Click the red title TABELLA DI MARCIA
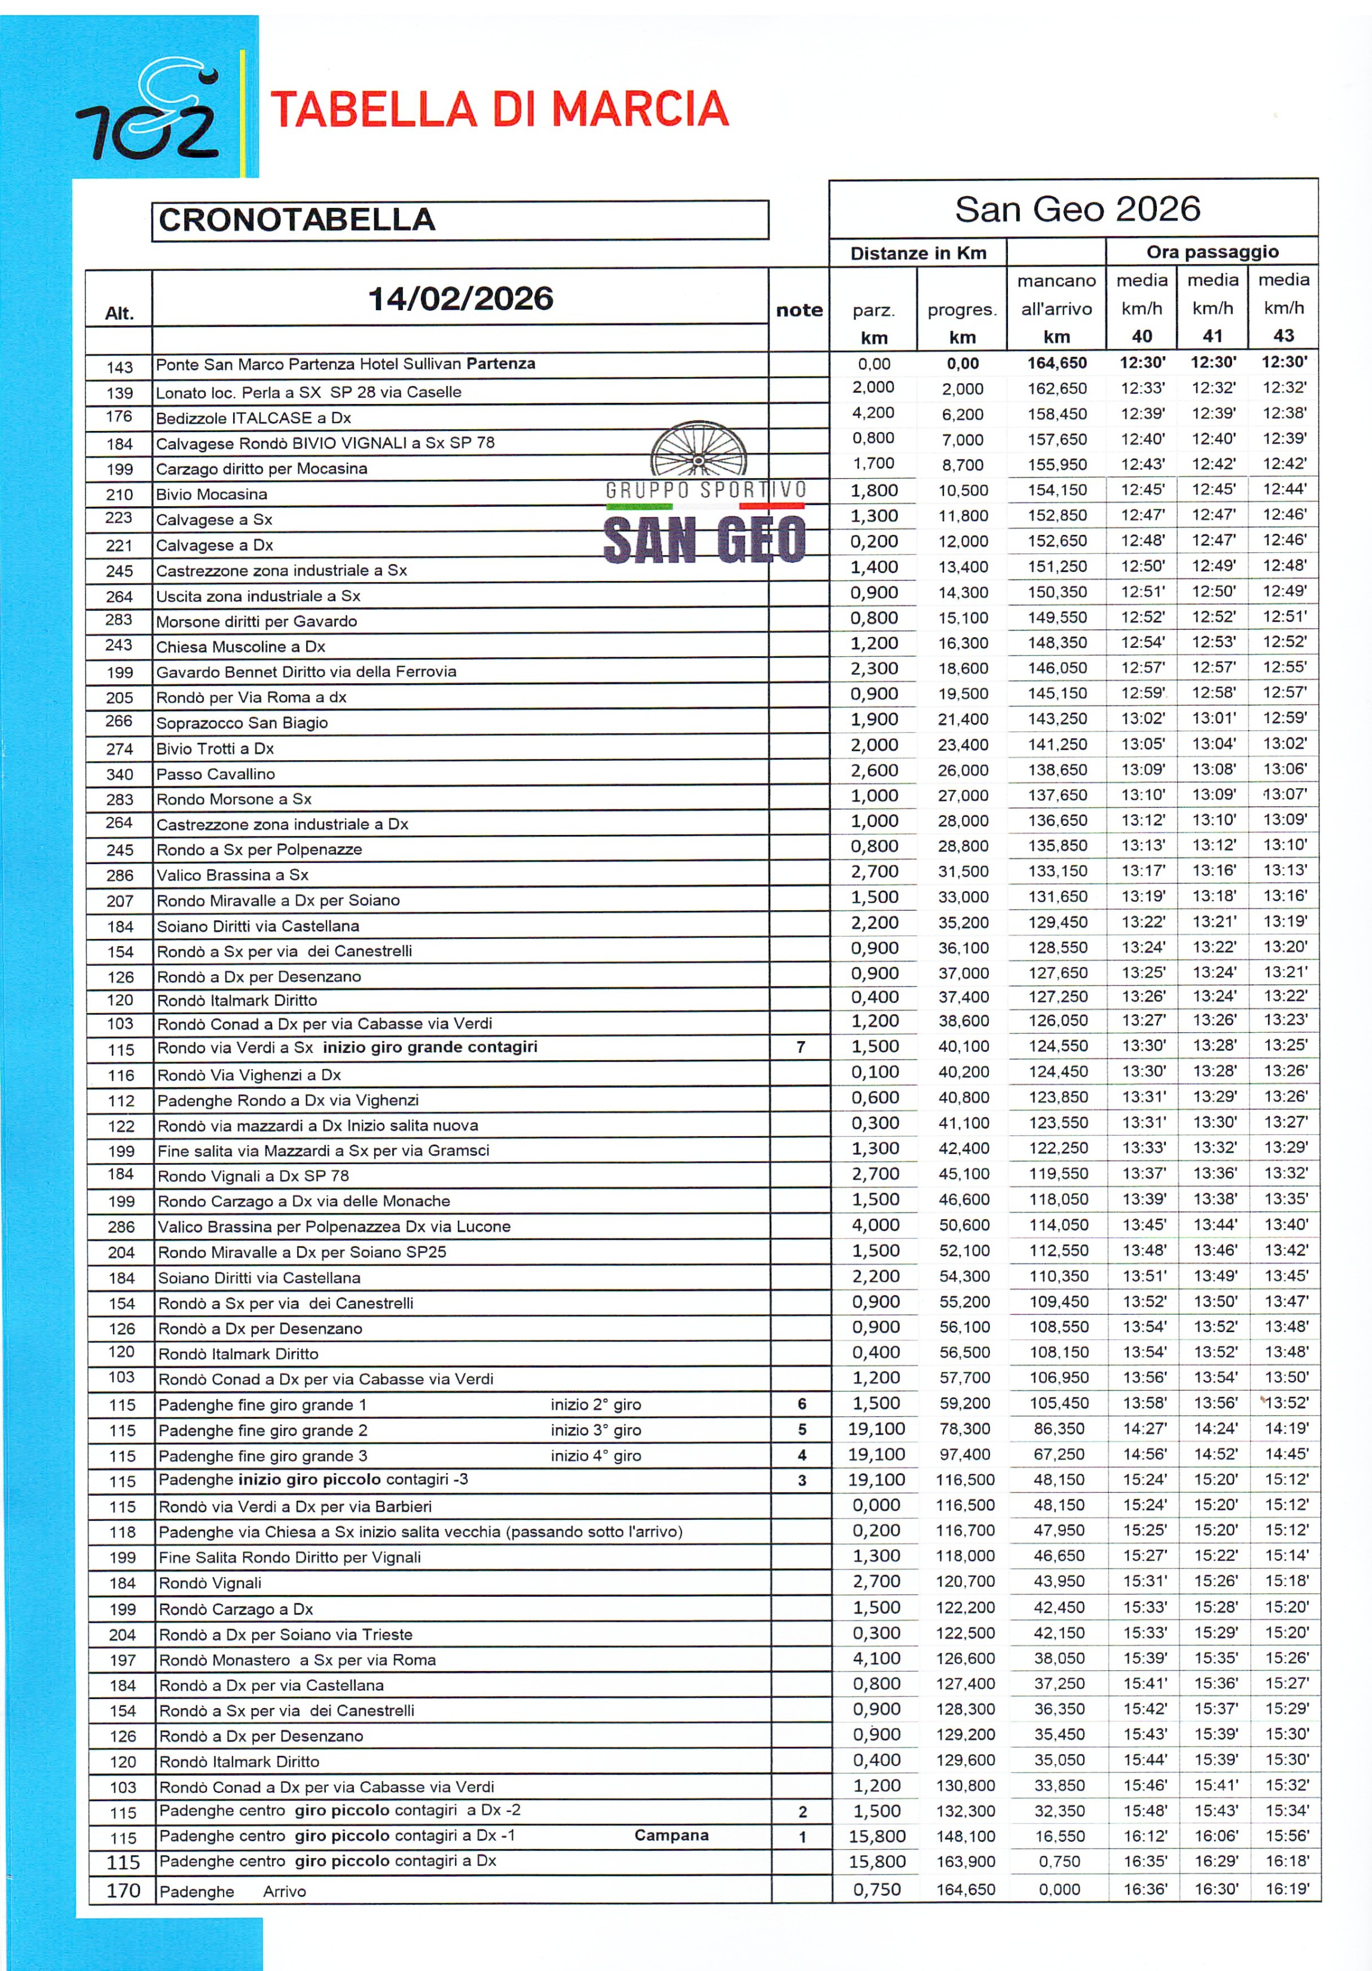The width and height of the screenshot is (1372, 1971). (x=500, y=109)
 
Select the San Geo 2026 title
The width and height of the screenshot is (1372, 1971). (x=1077, y=209)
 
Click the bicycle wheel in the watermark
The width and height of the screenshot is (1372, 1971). (x=699, y=449)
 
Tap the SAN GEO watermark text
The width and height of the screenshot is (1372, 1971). (x=704, y=541)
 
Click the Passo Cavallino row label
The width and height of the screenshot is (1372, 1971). (x=215, y=773)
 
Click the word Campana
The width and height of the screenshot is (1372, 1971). (x=671, y=1835)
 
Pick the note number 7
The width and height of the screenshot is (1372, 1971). (x=800, y=1046)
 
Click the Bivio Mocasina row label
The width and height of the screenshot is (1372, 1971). (x=211, y=494)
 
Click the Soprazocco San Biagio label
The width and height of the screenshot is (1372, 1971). (x=242, y=723)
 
